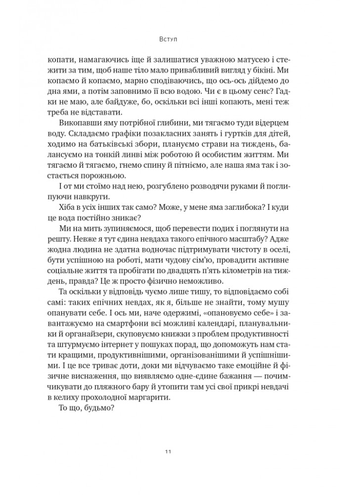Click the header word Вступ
(x=180, y=38)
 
